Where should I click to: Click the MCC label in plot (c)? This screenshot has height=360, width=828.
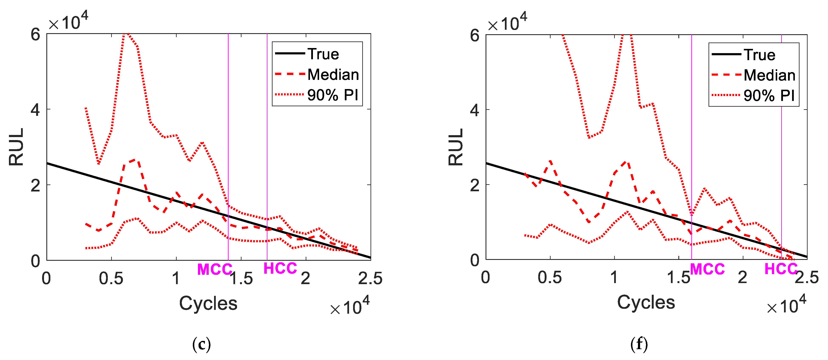click(214, 269)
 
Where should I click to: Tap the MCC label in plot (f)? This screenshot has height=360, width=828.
click(707, 269)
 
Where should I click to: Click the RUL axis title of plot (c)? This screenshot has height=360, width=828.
click(16, 147)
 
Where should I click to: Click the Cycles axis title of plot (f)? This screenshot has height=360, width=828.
click(646, 302)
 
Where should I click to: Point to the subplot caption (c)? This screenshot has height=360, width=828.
click(202, 344)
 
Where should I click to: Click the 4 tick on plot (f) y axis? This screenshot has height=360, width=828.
click(474, 110)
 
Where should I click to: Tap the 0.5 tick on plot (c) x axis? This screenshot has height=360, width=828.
click(111, 278)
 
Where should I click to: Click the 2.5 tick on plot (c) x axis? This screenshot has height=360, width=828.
click(370, 278)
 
